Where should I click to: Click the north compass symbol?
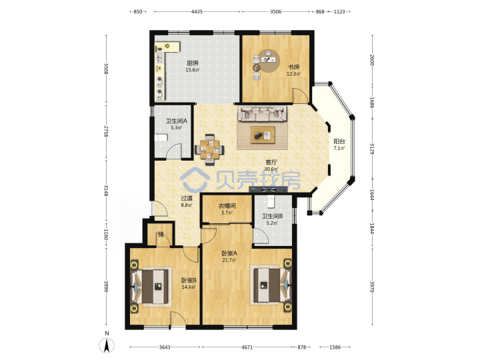click(x=107, y=345)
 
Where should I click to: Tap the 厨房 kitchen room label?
click(x=193, y=63)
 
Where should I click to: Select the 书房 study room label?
click(x=293, y=67)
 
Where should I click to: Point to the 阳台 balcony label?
click(x=339, y=141)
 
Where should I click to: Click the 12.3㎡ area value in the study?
click(x=293, y=74)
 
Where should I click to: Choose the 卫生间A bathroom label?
click(x=176, y=121)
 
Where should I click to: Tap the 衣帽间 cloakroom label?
click(x=227, y=206)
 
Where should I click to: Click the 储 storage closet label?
click(x=161, y=235)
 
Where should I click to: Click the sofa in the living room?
click(x=263, y=113)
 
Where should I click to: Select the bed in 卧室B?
click(x=151, y=286)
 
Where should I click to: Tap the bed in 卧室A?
click(x=271, y=285)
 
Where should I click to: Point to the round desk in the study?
click(x=269, y=61)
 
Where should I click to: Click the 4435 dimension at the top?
click(x=197, y=11)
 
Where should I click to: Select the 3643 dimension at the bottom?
click(x=165, y=347)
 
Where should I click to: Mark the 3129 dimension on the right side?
click(x=372, y=149)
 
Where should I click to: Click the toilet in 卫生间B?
click(x=271, y=201)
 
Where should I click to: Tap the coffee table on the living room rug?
click(x=263, y=135)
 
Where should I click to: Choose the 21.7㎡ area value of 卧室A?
click(x=229, y=260)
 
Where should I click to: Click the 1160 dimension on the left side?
click(x=106, y=235)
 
